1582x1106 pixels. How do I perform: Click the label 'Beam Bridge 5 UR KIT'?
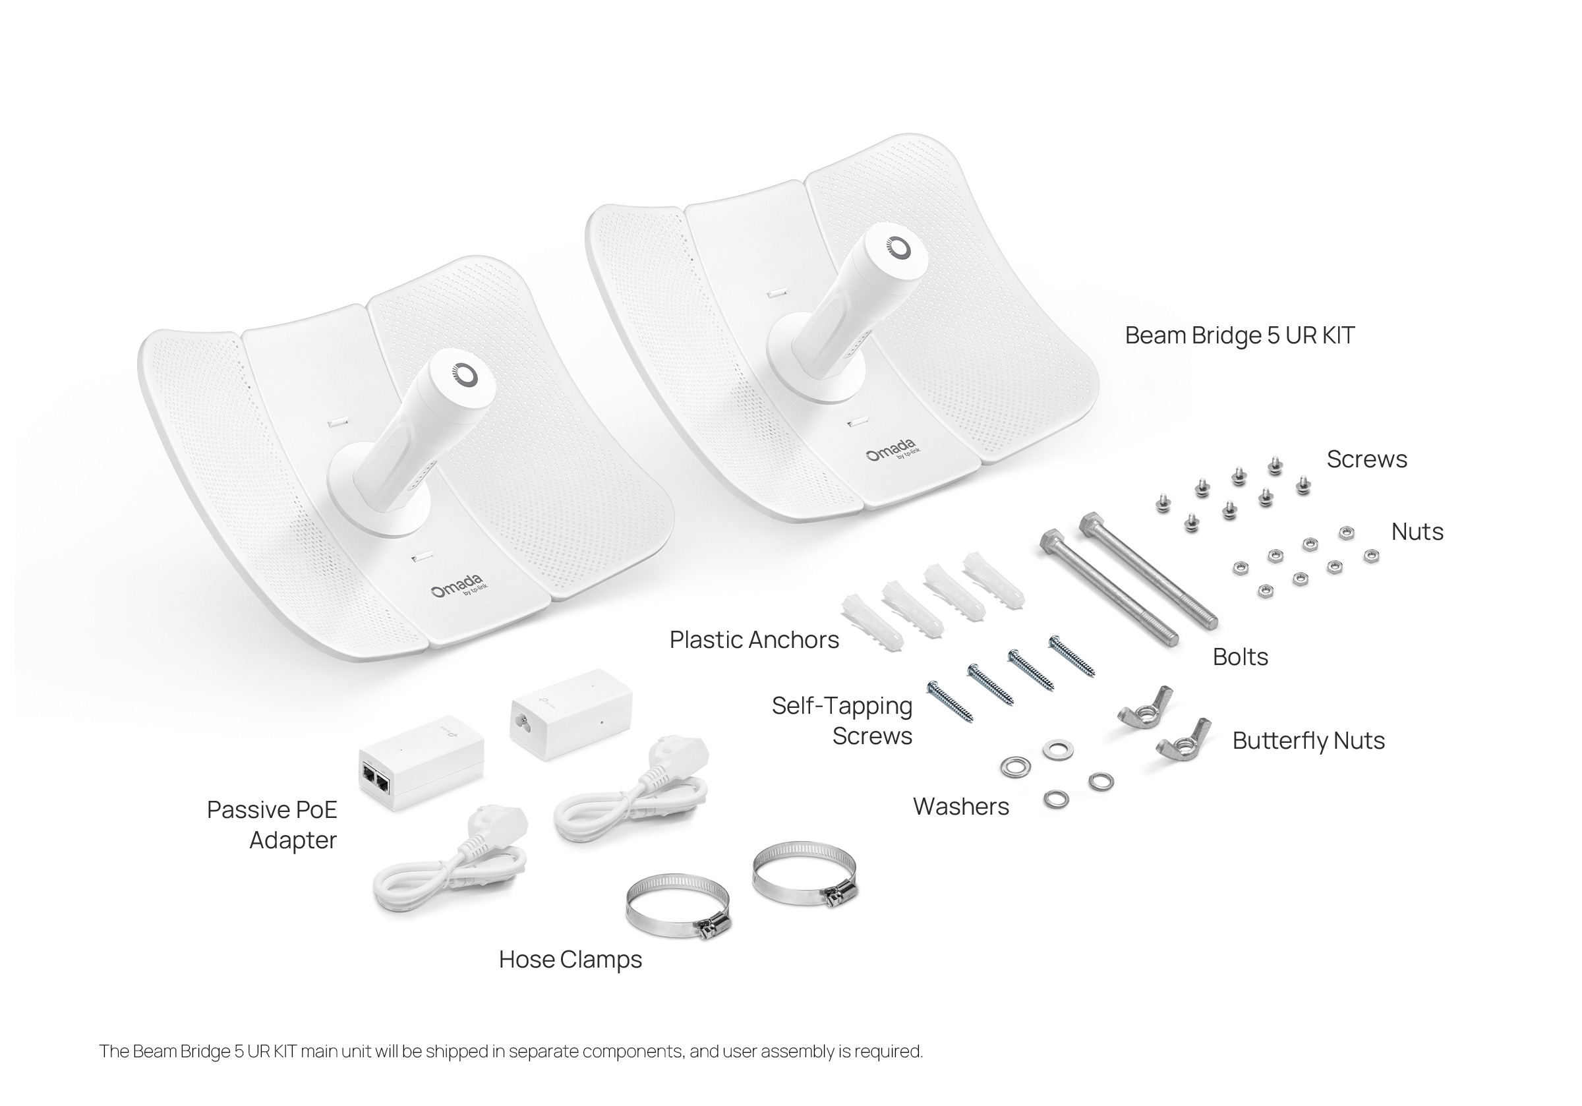coord(1239,335)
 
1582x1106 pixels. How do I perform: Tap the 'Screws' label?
coord(1366,459)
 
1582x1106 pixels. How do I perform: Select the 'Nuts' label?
coord(1417,532)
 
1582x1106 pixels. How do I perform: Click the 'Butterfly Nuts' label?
coord(1308,741)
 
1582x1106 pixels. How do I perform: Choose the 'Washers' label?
coord(960,807)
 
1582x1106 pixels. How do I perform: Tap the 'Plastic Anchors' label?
coord(754,640)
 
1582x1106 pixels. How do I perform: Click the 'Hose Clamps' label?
coord(570,960)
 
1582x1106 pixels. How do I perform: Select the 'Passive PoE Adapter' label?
coord(272,825)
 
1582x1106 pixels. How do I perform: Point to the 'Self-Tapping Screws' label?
coord(842,721)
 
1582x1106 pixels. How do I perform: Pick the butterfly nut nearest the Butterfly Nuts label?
coord(1184,739)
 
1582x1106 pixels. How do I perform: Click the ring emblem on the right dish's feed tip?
coord(898,248)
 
